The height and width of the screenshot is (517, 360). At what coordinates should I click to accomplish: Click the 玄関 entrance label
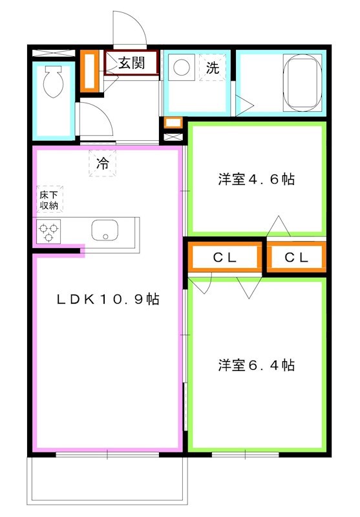click(132, 63)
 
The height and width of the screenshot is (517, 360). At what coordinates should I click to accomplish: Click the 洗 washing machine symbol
click(212, 67)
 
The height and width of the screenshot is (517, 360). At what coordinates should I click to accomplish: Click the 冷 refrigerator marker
click(103, 164)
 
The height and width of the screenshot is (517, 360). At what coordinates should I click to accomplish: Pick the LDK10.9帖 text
click(107, 299)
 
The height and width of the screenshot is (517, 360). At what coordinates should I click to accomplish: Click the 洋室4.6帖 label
click(256, 179)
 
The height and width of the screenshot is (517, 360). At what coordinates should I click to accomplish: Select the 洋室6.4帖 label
click(256, 365)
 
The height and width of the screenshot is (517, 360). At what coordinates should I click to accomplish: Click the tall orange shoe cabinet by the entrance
click(88, 70)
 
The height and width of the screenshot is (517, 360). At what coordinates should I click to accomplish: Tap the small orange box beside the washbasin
click(173, 122)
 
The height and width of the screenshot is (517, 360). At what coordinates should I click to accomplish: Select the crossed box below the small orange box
click(173, 137)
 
